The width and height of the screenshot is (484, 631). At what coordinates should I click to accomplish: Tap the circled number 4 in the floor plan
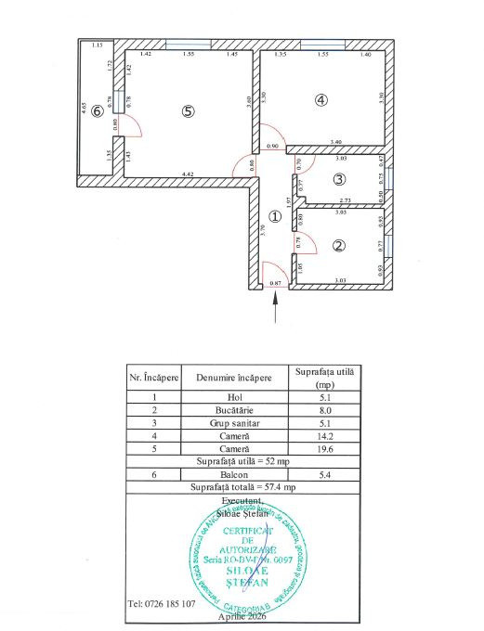(x=321, y=101)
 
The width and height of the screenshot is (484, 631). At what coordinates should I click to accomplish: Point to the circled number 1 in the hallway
(x=274, y=216)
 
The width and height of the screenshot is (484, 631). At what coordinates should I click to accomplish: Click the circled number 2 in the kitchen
(x=339, y=246)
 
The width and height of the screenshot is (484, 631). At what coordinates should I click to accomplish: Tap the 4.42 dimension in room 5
(x=187, y=174)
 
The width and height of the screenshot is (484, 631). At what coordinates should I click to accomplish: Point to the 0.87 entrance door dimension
(x=275, y=282)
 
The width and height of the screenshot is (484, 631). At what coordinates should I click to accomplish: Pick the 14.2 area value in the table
(x=324, y=434)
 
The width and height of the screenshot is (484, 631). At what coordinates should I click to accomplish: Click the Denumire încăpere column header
(x=233, y=379)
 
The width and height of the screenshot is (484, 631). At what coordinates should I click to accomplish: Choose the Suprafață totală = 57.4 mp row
(x=243, y=486)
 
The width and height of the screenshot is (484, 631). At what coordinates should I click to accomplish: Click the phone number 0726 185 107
(x=163, y=603)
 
